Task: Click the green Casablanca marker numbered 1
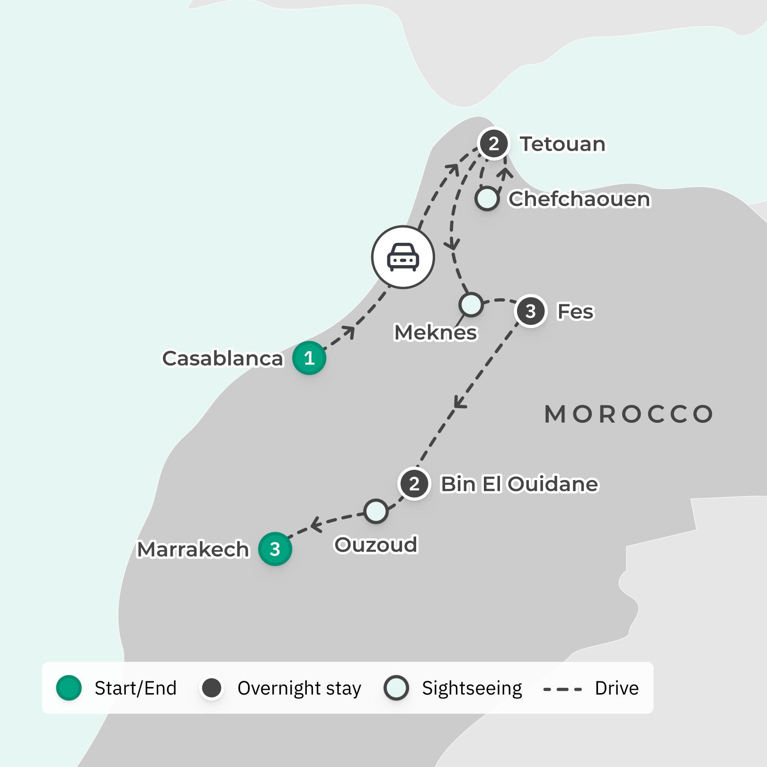(309, 358)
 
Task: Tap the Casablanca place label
(223, 358)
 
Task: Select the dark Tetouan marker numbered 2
(494, 143)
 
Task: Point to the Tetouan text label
(562, 144)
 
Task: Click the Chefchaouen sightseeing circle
(487, 198)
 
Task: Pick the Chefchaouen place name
(579, 199)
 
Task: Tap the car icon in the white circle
(403, 257)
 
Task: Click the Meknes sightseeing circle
(471, 304)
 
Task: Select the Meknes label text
(436, 332)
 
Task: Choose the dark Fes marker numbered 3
(531, 311)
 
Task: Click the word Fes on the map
(575, 312)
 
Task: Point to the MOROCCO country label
(629, 414)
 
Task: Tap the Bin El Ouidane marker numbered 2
(414, 484)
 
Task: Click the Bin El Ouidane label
(519, 484)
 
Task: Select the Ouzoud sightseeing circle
(376, 511)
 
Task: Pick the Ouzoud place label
(376, 544)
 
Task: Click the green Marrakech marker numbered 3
(275, 549)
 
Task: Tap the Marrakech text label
(193, 549)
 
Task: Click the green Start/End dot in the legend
(69, 688)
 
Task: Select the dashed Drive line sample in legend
(562, 689)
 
